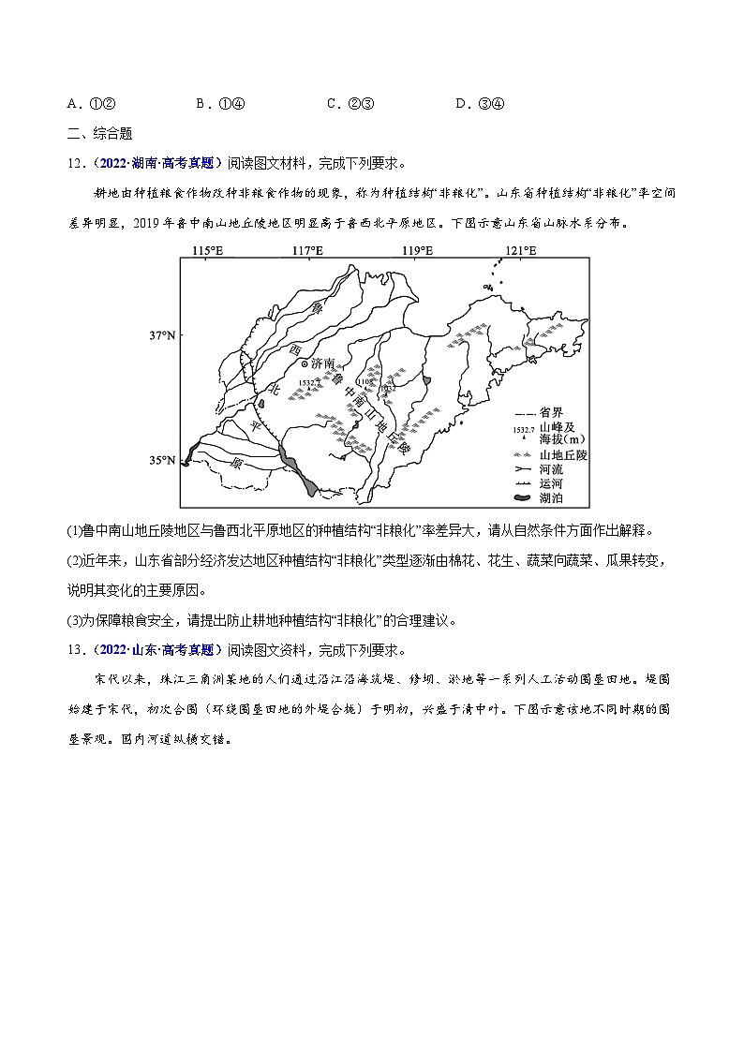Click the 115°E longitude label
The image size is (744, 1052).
207,250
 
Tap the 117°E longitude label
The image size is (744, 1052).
307,250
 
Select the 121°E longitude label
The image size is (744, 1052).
521,250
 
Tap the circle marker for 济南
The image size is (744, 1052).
303,363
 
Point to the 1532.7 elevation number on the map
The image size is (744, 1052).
308,383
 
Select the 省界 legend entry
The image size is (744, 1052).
552,413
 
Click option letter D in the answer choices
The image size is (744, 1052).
461,104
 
